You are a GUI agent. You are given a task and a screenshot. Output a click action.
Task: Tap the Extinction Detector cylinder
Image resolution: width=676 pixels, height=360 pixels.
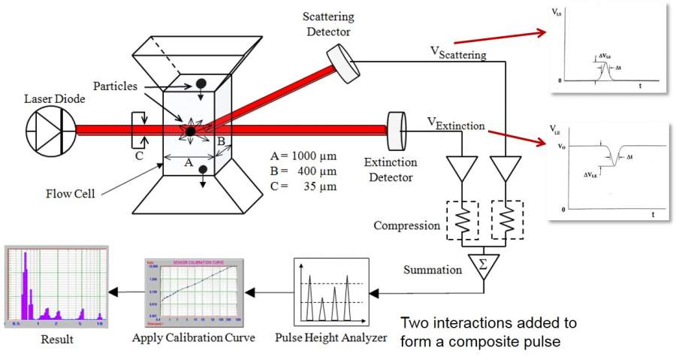(x=396, y=131)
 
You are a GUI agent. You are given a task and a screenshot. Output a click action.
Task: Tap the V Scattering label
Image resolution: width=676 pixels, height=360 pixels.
(x=457, y=53)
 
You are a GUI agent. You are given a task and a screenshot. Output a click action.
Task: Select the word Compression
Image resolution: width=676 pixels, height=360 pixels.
(x=406, y=225)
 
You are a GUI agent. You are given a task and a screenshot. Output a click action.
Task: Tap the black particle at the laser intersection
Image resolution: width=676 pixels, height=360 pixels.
(x=192, y=132)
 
